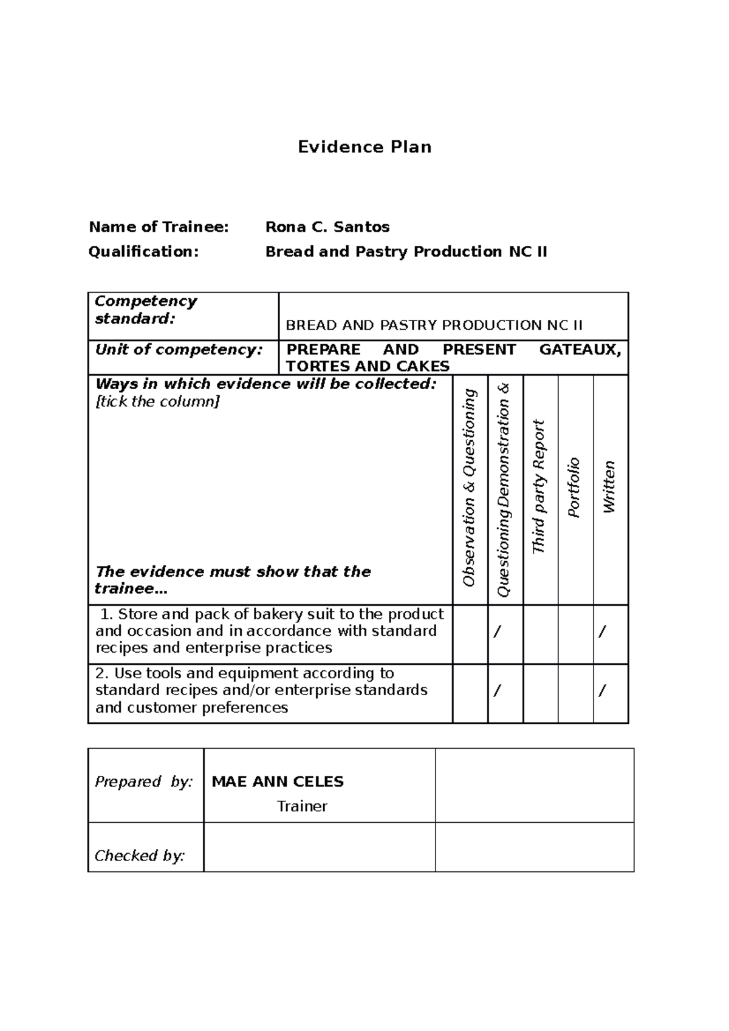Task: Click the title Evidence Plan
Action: point(364,147)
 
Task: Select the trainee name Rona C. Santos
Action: point(327,227)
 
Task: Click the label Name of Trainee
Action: point(159,227)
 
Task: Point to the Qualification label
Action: point(143,251)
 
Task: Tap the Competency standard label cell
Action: point(146,310)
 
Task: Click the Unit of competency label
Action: point(179,350)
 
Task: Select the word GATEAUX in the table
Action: point(580,350)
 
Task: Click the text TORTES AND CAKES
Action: point(368,366)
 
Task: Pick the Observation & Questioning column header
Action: point(470,488)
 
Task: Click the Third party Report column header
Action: point(539,487)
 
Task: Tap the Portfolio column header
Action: point(575,488)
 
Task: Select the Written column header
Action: point(609,488)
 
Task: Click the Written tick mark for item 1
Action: point(602,632)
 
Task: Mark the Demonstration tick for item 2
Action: point(498,690)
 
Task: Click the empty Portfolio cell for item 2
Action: point(575,693)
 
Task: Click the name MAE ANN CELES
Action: point(278,781)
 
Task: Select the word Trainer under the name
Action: point(302,806)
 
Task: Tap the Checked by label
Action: point(140,856)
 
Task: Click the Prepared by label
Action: point(143,781)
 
